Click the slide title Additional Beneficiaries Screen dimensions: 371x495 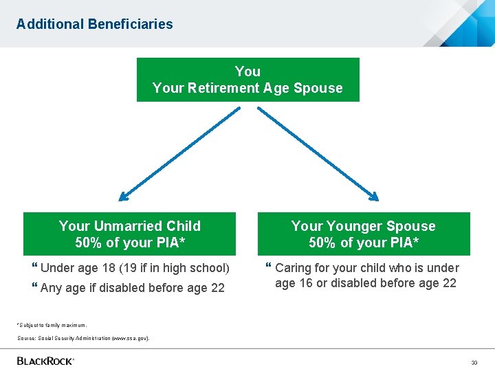pyautogui.click(x=95, y=24)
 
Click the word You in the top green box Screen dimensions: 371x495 pyautogui.click(x=247, y=71)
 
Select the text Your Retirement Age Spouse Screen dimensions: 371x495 pyautogui.click(x=247, y=88)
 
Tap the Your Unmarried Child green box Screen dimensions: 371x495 pyautogui.click(x=130, y=234)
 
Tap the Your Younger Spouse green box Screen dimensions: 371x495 pyautogui.click(x=364, y=234)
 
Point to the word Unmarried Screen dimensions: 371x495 pyautogui.click(x=130, y=226)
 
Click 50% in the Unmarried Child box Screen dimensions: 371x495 pyautogui.click(x=89, y=243)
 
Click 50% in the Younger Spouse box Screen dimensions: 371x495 pyautogui.click(x=323, y=243)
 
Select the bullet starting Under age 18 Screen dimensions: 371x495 pyautogui.click(x=135, y=268)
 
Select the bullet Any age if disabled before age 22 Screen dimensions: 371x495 pyautogui.click(x=132, y=288)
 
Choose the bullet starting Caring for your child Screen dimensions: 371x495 pyautogui.click(x=366, y=276)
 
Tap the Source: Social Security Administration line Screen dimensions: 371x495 pyautogui.click(x=83, y=338)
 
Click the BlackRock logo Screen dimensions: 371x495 pyautogui.click(x=45, y=361)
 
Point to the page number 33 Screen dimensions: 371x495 pyautogui.click(x=474, y=362)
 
